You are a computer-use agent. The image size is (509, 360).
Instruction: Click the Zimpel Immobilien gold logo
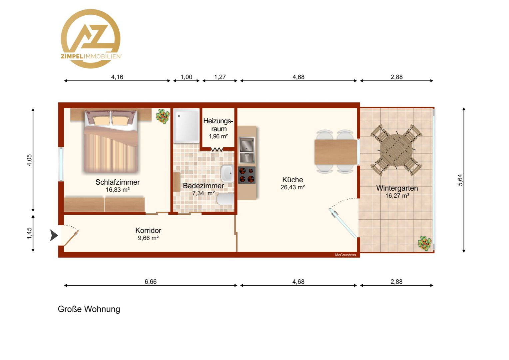tap(91, 39)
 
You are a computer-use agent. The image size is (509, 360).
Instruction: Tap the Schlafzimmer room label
tap(118, 182)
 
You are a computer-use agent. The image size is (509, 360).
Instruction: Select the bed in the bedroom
tap(111, 141)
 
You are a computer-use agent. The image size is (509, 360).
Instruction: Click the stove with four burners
tap(247, 175)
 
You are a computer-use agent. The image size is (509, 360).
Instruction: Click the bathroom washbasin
tap(227, 173)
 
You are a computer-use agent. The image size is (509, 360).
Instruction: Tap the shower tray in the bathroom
tap(186, 126)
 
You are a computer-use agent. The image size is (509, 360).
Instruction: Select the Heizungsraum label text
tap(218, 125)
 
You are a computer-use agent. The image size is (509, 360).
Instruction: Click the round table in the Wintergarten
tap(396, 150)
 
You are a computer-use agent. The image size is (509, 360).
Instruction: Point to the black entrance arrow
tap(54, 235)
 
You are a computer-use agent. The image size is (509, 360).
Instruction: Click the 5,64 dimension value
tap(460, 180)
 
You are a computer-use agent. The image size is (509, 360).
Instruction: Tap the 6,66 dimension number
tap(151, 282)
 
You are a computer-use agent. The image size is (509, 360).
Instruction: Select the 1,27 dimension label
tap(220, 77)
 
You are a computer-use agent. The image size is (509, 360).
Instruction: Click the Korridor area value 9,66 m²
tap(148, 238)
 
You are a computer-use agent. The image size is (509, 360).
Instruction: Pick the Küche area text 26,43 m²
tap(293, 187)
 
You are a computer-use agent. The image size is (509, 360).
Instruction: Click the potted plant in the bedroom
tap(163, 116)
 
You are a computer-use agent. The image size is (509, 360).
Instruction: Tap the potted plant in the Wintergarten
tap(424, 243)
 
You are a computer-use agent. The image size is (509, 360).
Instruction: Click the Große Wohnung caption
tap(89, 309)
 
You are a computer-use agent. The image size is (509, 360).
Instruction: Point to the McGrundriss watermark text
tap(345, 255)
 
